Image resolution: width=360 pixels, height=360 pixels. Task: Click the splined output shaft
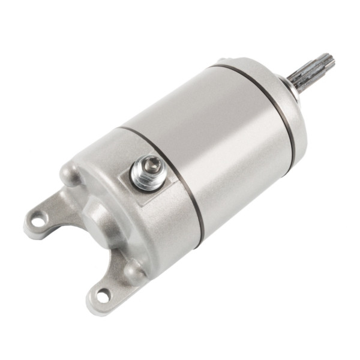(311, 73)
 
